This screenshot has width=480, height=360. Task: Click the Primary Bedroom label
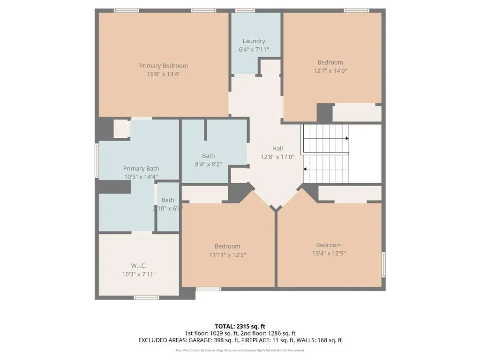[x=163, y=66]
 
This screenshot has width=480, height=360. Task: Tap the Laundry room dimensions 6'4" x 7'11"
[x=254, y=49]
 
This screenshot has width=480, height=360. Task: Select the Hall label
[x=277, y=149]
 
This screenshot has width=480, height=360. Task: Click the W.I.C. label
[x=139, y=265]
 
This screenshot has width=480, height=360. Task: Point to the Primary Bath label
[x=141, y=168]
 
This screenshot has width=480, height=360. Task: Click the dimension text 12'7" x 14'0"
[x=330, y=71]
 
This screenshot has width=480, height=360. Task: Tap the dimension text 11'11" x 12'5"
[x=227, y=255]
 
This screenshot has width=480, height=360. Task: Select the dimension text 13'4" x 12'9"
[x=329, y=253]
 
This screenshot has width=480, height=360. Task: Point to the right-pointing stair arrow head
[x=347, y=138]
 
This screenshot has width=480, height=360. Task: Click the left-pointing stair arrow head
[x=306, y=169]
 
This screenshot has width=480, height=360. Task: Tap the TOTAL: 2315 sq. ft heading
[x=240, y=326]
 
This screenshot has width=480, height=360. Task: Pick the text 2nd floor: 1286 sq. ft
[x=267, y=333]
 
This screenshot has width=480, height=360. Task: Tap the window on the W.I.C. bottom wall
[x=146, y=297]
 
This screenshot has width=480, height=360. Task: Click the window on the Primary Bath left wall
[x=97, y=160]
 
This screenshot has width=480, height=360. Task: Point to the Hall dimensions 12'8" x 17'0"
[x=277, y=157]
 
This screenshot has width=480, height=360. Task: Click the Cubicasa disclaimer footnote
[x=240, y=350]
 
